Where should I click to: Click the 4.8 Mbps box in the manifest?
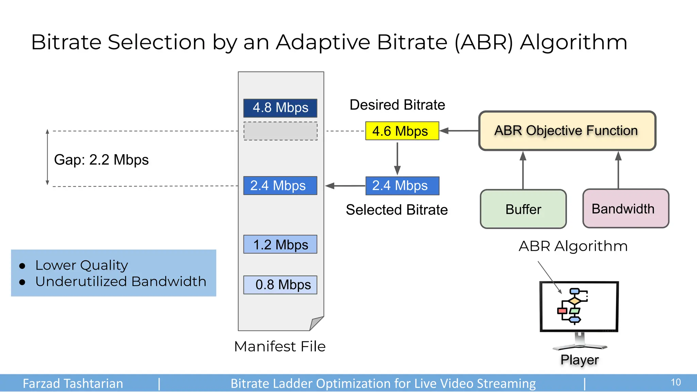click(280, 108)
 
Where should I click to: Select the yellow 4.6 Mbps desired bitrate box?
click(402, 131)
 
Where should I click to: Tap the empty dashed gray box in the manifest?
click(280, 131)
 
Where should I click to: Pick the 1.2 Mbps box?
click(280, 244)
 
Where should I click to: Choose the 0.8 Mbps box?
click(280, 284)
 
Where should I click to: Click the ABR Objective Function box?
click(567, 131)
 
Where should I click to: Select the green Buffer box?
click(523, 209)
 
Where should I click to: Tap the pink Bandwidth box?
click(626, 208)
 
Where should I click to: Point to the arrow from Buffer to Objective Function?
click(523, 170)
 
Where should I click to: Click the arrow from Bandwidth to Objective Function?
click(618, 170)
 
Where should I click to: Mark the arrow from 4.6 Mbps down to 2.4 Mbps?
click(397, 158)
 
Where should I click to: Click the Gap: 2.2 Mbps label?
click(101, 160)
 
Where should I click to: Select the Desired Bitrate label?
click(397, 105)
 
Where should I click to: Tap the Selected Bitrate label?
click(396, 210)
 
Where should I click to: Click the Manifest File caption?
click(280, 346)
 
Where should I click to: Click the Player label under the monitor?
click(579, 360)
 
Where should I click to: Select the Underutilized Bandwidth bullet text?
click(121, 281)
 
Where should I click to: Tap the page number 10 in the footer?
click(676, 382)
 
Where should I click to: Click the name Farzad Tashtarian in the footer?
click(73, 383)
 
